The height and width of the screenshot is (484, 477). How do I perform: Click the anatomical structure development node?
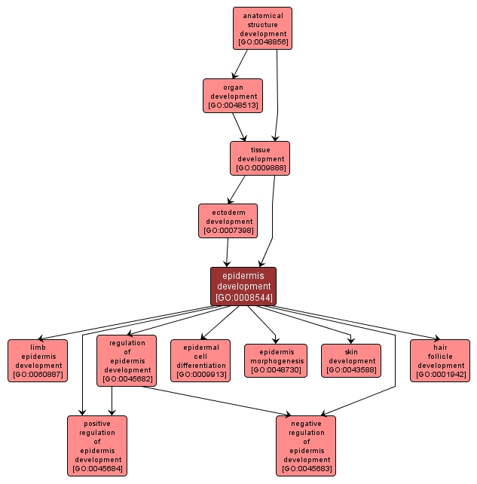pos(262,28)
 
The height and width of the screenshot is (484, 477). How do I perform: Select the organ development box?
pos(233,96)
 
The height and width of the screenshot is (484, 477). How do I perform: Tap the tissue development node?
pos(260,158)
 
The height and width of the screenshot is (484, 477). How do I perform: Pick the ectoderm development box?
pos(228,221)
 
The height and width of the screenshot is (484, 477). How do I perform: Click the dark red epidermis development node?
pos(243,286)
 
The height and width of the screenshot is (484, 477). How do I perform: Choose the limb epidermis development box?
pos(38,360)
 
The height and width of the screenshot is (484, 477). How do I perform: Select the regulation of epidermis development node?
pos(127,360)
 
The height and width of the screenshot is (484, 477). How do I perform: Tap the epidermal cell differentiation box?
pos(200,360)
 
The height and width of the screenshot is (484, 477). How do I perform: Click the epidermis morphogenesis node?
pos(276,360)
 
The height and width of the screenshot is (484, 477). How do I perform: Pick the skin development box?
pos(351,360)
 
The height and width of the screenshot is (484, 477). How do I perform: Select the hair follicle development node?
pos(440,360)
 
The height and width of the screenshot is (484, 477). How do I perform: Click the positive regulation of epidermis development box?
pos(97,446)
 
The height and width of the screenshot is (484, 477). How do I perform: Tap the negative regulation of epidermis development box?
pos(307,446)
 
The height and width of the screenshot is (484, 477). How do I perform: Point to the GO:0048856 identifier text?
pos(262,42)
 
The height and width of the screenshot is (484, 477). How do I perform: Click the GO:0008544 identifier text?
pos(243,298)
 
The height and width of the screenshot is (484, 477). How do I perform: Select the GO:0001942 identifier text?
pos(440,375)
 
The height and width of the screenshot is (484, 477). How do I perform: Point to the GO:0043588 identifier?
pos(351,370)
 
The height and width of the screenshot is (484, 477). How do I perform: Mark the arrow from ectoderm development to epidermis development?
pos(227,253)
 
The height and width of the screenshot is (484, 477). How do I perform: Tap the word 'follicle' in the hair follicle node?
pos(440,356)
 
